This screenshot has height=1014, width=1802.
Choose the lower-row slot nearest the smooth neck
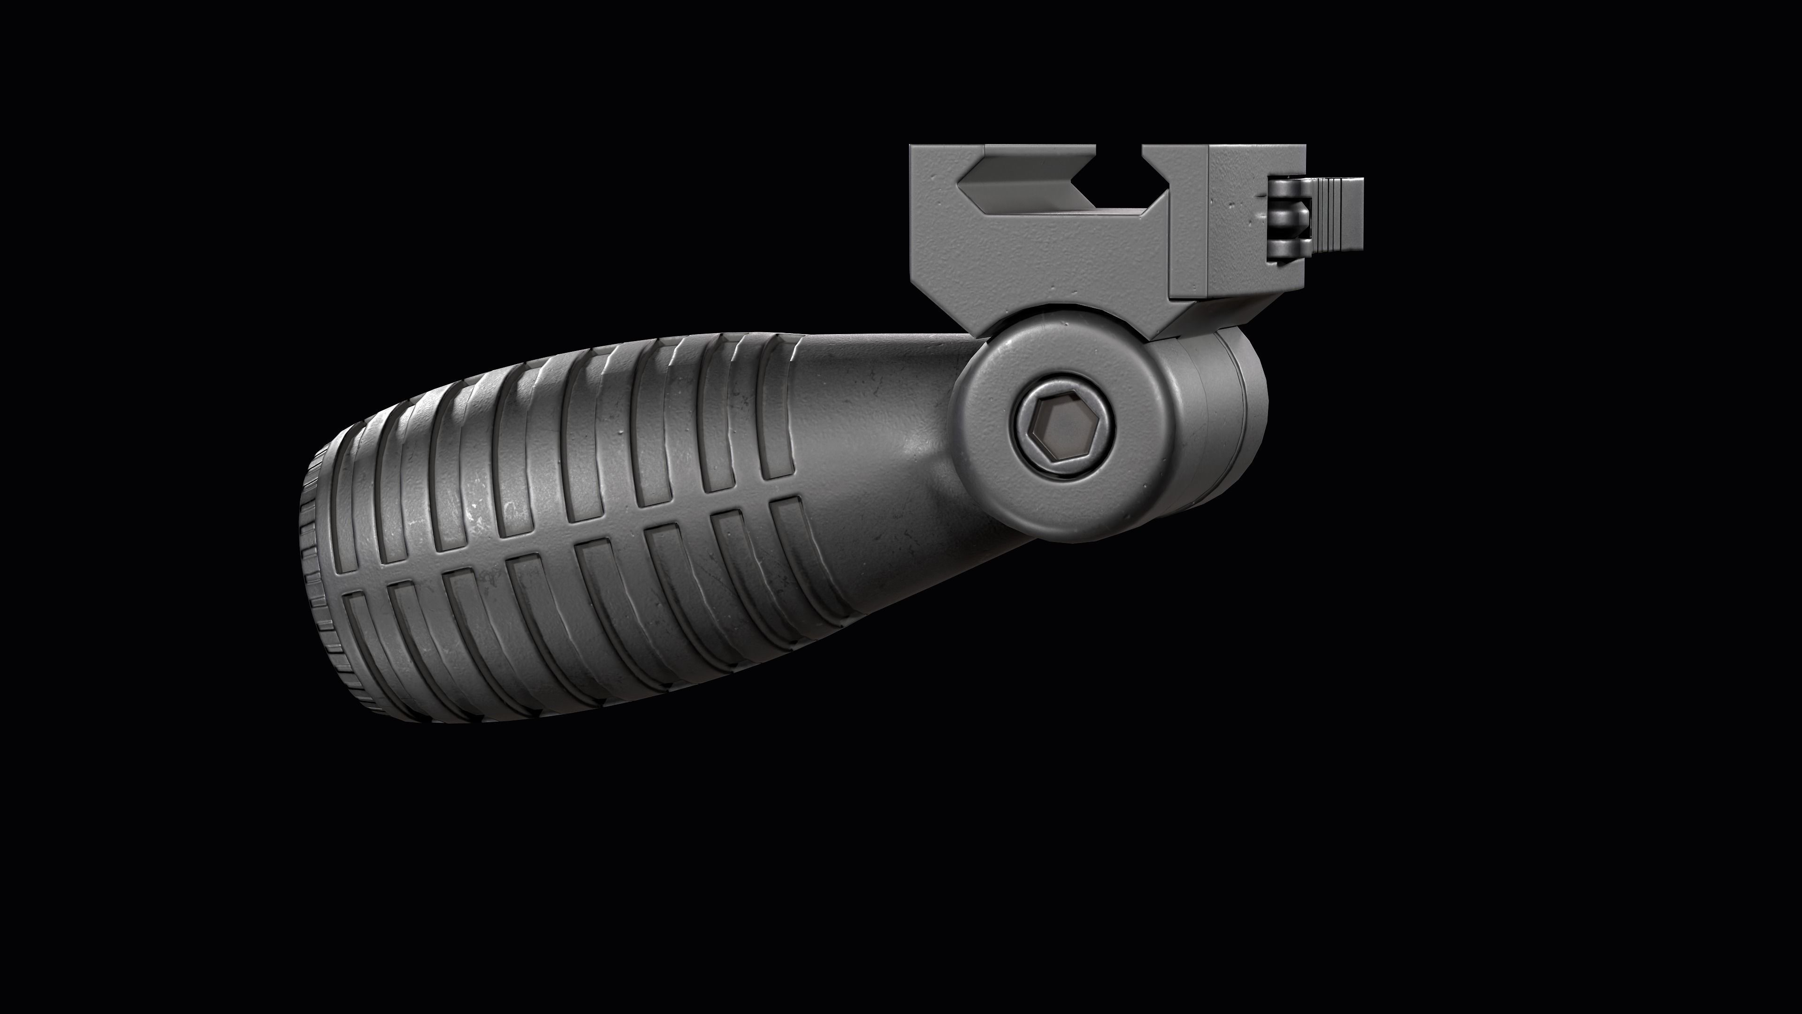click(x=797, y=552)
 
